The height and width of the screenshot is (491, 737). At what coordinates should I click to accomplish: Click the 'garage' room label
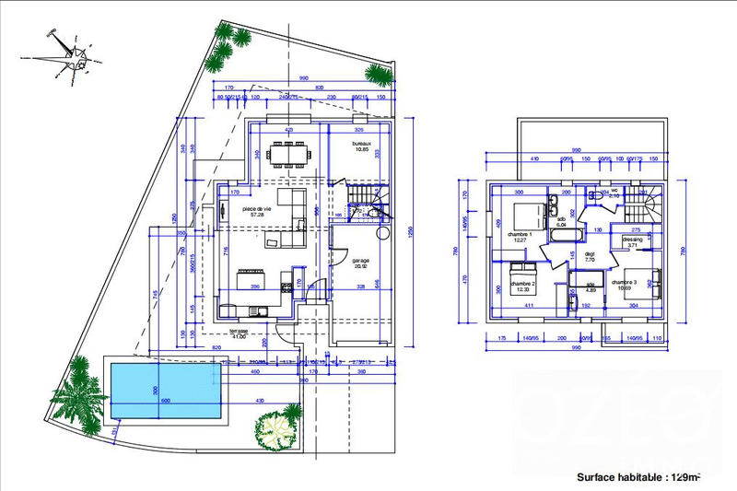pyautogui.click(x=360, y=261)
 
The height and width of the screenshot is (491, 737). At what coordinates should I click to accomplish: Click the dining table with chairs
pyautogui.click(x=289, y=151)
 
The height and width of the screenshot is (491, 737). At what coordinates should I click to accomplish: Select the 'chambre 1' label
pyautogui.click(x=521, y=235)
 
